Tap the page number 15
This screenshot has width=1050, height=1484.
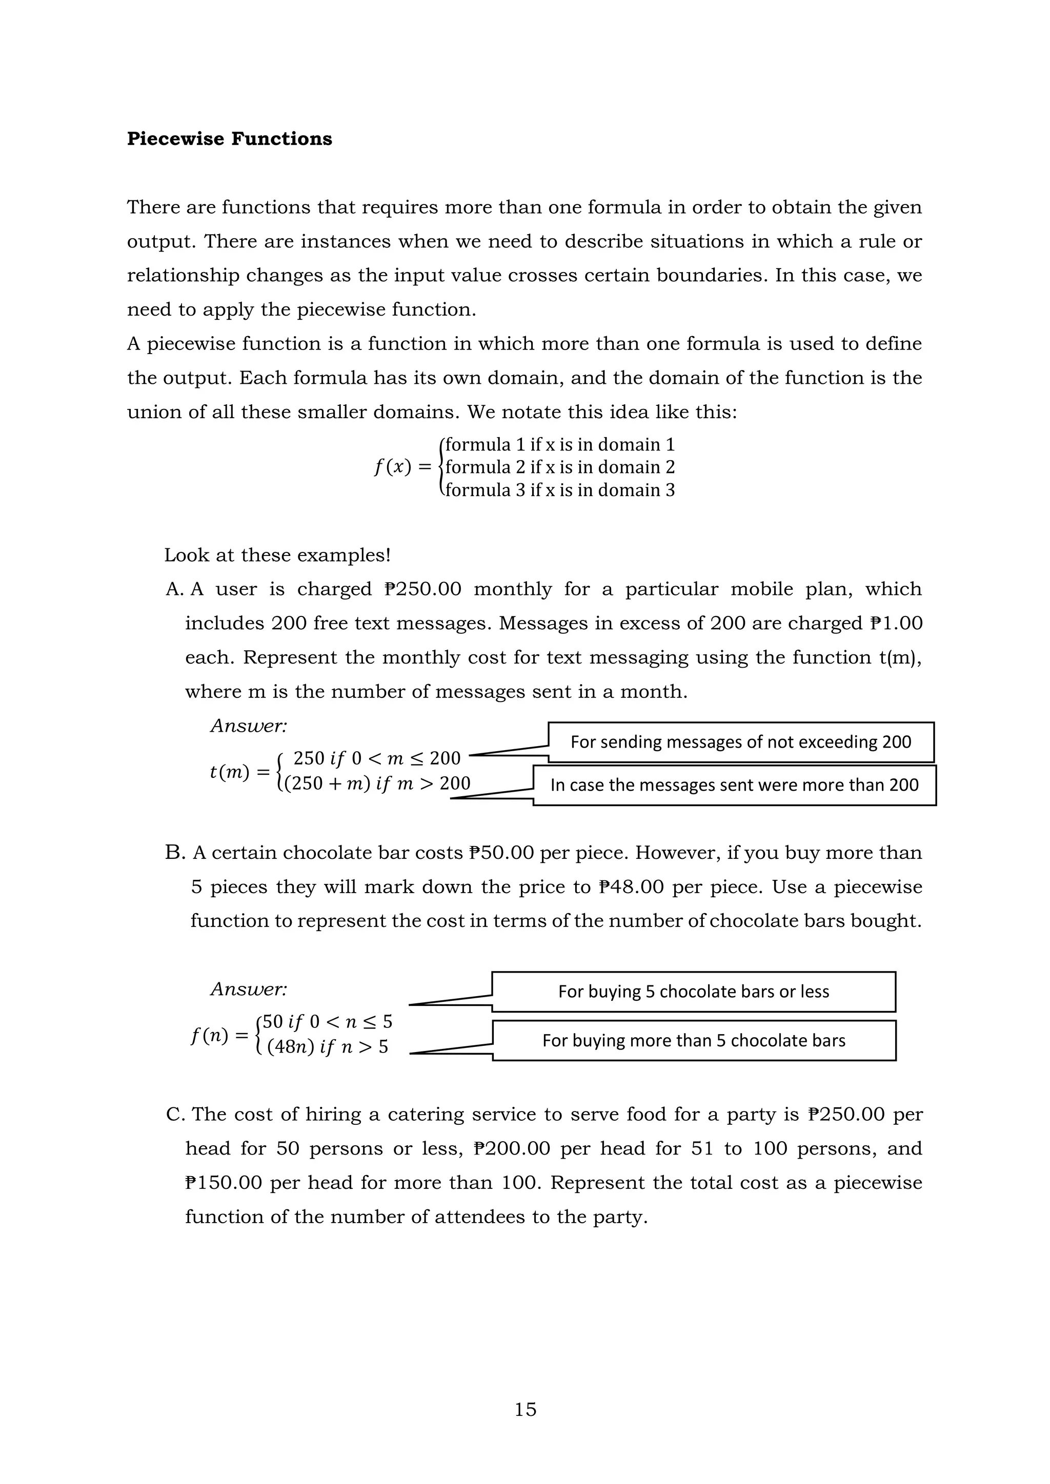pos(525,1409)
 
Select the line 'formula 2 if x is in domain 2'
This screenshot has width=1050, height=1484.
pos(560,467)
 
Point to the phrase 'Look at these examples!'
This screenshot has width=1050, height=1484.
pos(277,555)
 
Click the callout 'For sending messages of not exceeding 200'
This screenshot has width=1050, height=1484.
pos(741,742)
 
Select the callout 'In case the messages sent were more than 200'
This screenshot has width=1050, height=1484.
pos(735,786)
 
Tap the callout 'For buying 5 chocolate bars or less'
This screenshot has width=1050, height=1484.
pos(694,992)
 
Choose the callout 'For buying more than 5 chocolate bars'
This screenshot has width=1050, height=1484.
pos(694,1041)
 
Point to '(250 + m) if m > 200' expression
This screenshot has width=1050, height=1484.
pos(376,784)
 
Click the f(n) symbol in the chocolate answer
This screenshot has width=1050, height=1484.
pos(210,1036)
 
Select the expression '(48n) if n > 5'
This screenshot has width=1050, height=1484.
pos(327,1047)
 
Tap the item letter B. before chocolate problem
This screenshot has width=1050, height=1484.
pos(175,853)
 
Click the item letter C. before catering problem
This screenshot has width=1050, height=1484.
pos(176,1115)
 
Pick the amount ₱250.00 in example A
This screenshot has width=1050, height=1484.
pos(423,589)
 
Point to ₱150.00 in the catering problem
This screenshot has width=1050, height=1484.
pos(224,1183)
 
